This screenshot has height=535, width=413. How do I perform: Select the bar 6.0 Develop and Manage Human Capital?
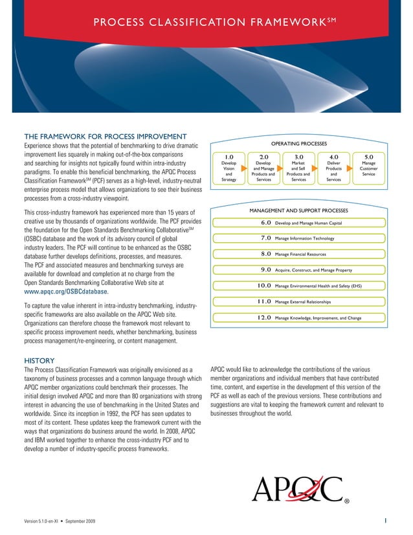click(298, 223)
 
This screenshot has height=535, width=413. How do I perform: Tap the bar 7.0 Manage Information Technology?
click(298, 238)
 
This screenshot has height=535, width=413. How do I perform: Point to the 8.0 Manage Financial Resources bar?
click(298, 254)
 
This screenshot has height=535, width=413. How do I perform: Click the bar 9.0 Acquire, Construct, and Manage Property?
click(298, 269)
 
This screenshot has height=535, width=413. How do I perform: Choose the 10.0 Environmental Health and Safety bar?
click(298, 285)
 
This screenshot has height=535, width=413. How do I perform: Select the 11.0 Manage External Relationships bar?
click(298, 301)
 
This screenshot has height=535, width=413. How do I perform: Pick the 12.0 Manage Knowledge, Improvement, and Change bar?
click(298, 317)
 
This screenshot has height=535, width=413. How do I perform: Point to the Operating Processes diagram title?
click(298, 143)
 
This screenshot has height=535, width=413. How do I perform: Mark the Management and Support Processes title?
click(298, 211)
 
